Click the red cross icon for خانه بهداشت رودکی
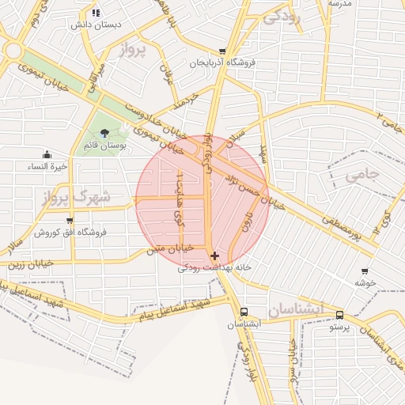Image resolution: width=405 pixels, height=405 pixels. [215, 255]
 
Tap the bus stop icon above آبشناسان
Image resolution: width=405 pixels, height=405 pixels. [244, 312]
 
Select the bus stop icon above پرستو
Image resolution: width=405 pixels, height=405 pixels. [339, 314]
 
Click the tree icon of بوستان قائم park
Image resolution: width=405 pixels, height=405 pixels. [104, 132]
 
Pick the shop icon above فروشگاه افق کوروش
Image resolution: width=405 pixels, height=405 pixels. [70, 221]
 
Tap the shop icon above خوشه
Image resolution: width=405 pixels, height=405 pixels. [364, 271]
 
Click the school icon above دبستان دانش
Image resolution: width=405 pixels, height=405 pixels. [96, 12]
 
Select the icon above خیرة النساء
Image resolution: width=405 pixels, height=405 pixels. [47, 154]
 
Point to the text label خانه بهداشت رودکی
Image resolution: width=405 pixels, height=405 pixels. [214, 268]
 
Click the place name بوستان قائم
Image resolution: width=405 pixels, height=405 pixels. [105, 146]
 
